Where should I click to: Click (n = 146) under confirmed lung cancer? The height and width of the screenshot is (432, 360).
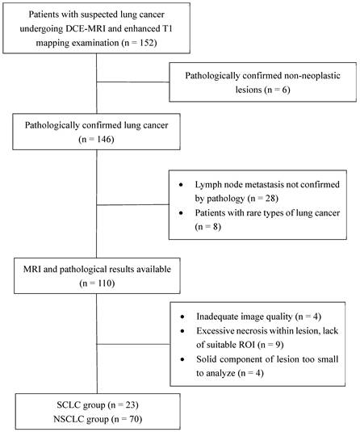(x=96, y=140)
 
